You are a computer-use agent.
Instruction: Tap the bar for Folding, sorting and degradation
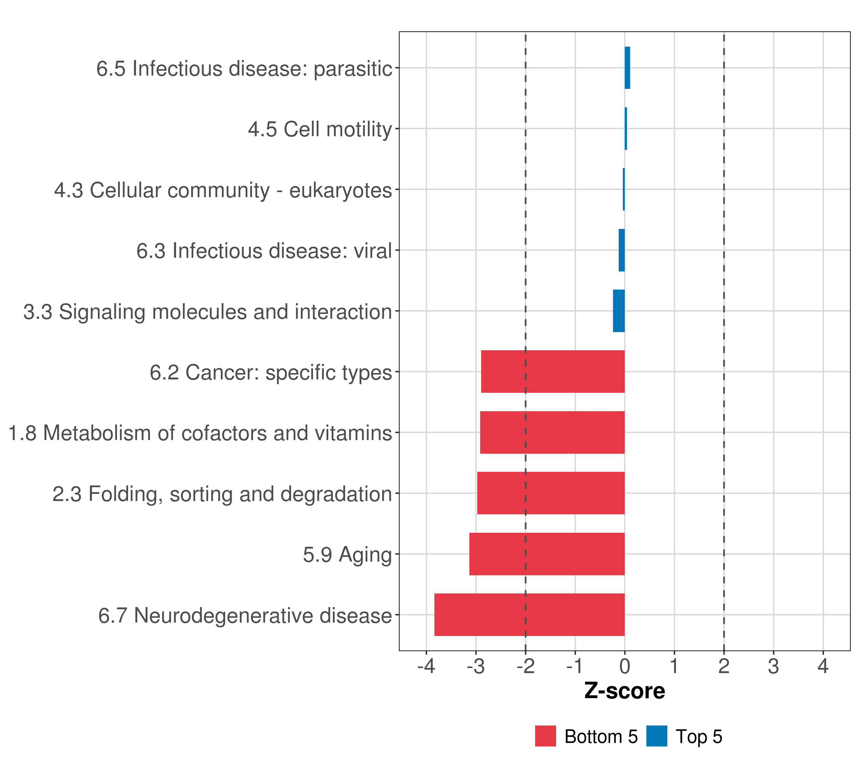[x=551, y=493]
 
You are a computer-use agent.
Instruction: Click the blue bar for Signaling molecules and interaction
[x=619, y=311]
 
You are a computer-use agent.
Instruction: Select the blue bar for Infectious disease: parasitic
[x=627, y=68]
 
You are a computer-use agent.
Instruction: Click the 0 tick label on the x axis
[x=625, y=666]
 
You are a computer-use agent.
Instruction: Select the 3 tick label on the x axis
[x=773, y=666]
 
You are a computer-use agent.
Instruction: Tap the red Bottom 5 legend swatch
[x=545, y=736]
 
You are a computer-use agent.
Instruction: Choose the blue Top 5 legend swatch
[x=657, y=736]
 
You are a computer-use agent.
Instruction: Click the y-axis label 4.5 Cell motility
[x=320, y=129]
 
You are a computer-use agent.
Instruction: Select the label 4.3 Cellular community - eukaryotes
[x=223, y=190]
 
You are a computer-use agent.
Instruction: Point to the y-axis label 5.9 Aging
[x=347, y=554]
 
